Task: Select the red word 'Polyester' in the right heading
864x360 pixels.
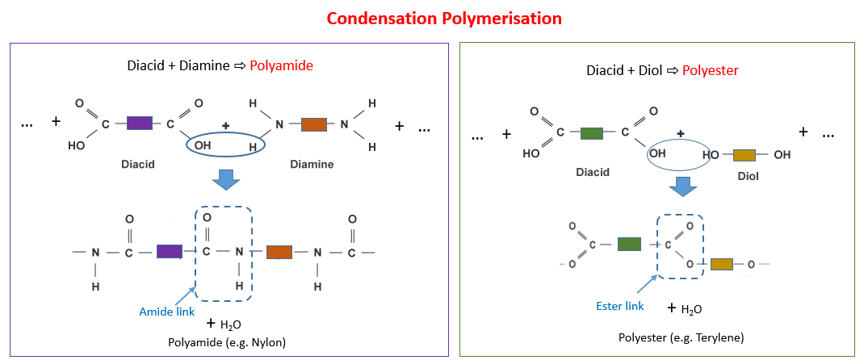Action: [711, 70]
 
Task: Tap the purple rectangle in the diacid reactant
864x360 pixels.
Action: [139, 123]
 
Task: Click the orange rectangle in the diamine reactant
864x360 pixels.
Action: [313, 124]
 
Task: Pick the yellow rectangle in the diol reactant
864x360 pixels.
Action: [744, 154]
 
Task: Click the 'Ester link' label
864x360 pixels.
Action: [620, 306]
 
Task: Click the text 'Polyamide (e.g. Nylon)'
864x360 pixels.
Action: [227, 342]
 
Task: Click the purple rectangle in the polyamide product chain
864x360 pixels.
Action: [169, 251]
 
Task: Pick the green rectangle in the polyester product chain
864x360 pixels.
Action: [629, 244]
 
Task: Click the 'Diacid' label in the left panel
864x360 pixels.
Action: [138, 163]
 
